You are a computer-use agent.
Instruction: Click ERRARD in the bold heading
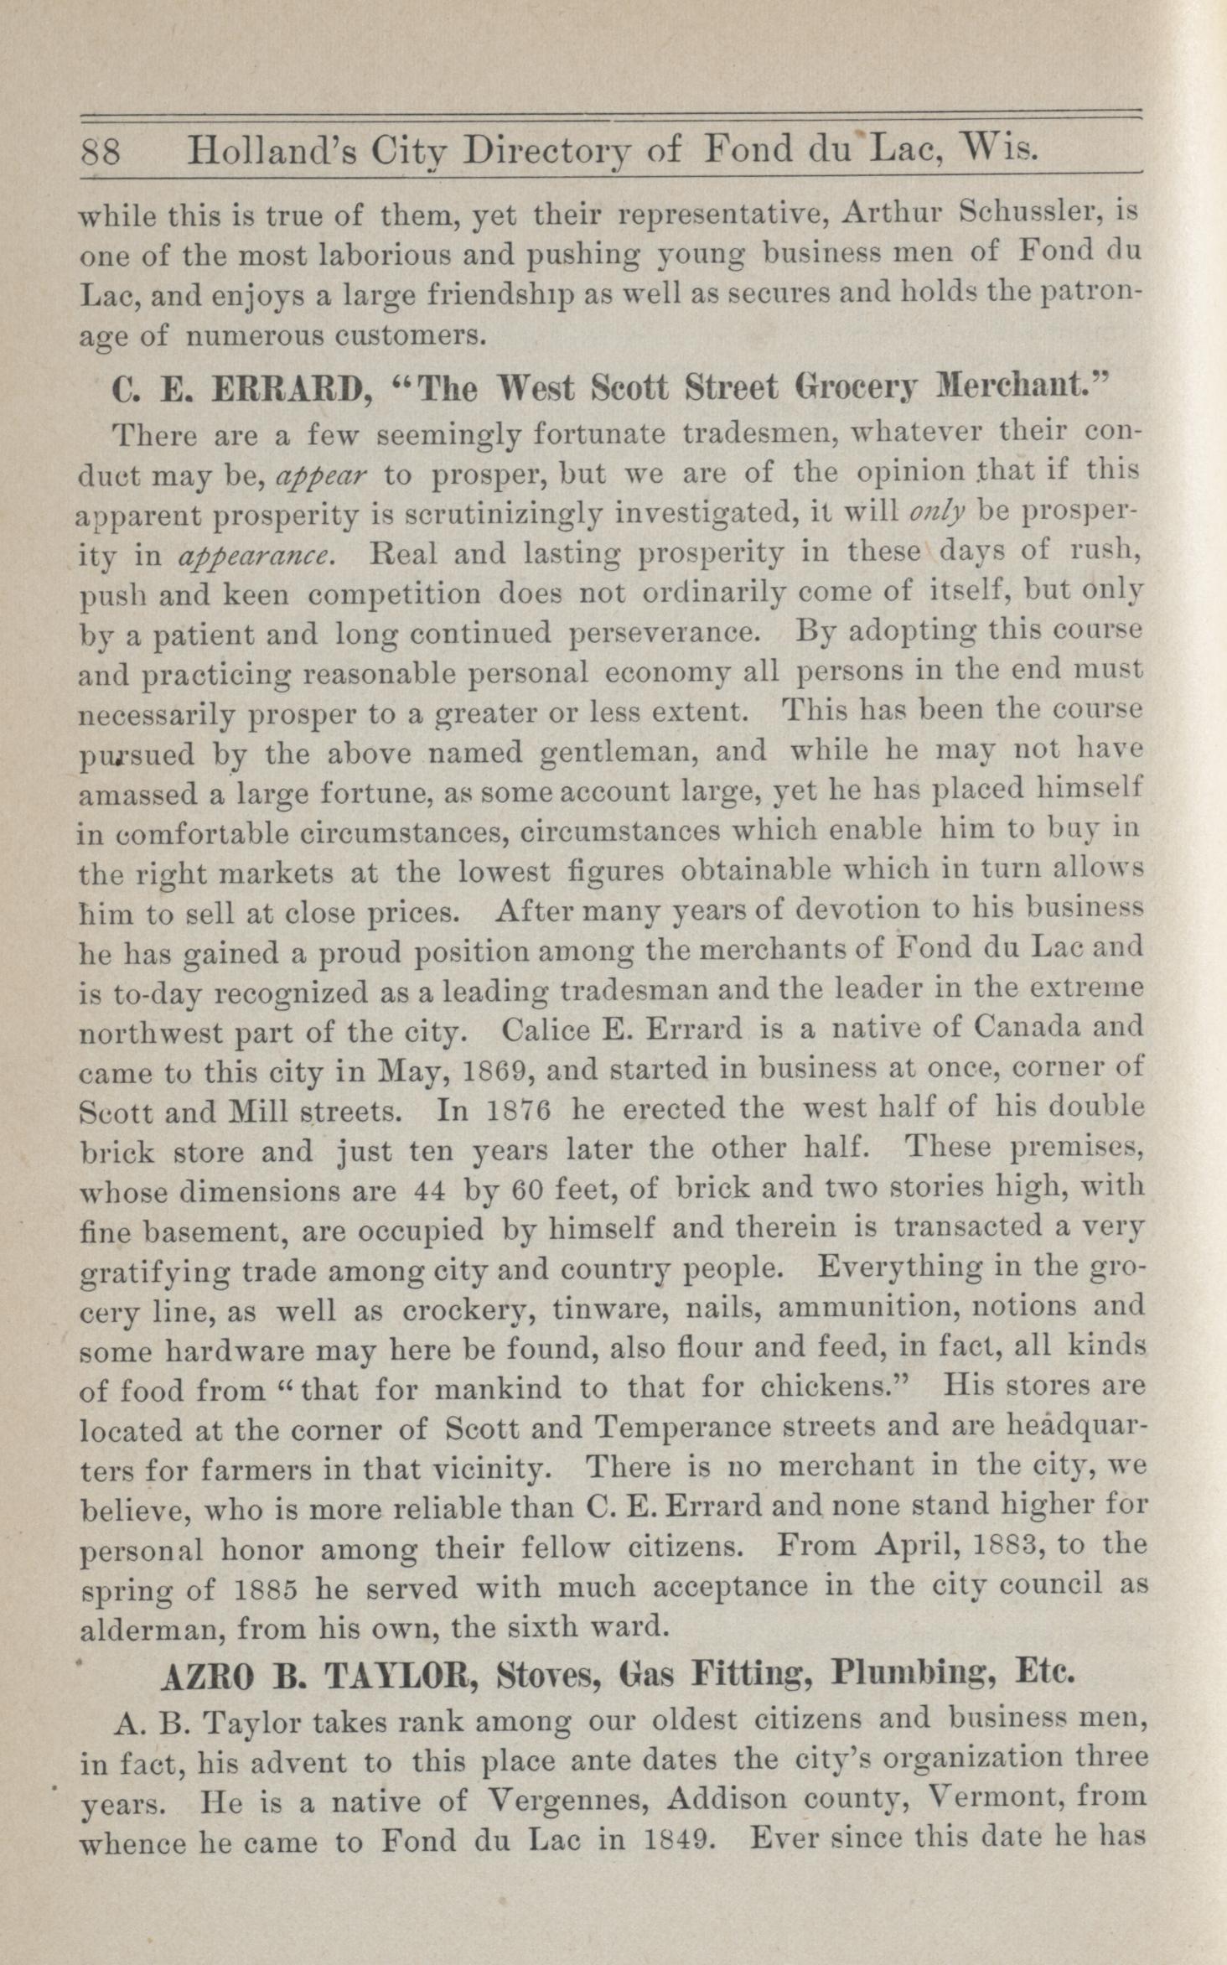coord(287,388)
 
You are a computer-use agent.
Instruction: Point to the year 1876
coord(517,1109)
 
